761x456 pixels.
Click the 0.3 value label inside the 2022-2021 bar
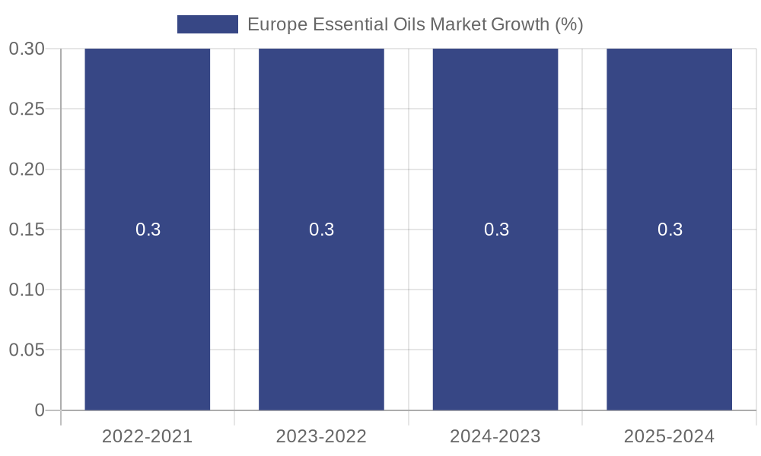pyautogui.click(x=148, y=230)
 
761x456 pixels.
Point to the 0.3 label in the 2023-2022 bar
pyautogui.click(x=321, y=230)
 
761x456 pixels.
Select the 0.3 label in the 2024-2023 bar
pyautogui.click(x=496, y=230)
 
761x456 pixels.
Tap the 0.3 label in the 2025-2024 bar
pyautogui.click(x=670, y=230)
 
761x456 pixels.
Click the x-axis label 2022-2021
pyautogui.click(x=147, y=436)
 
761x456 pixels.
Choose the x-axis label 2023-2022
pyautogui.click(x=321, y=436)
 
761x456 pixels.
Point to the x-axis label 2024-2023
pyautogui.click(x=495, y=436)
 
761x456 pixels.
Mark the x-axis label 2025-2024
pyautogui.click(x=669, y=436)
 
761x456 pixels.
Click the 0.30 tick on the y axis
pyautogui.click(x=27, y=49)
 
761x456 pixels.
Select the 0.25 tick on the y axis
pyautogui.click(x=27, y=109)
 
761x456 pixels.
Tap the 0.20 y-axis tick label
pyautogui.click(x=27, y=169)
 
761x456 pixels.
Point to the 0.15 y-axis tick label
pyautogui.click(x=27, y=230)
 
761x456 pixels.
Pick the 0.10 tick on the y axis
pyautogui.click(x=27, y=290)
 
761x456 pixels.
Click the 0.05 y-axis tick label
pyautogui.click(x=27, y=350)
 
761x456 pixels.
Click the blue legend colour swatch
pyautogui.click(x=207, y=24)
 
